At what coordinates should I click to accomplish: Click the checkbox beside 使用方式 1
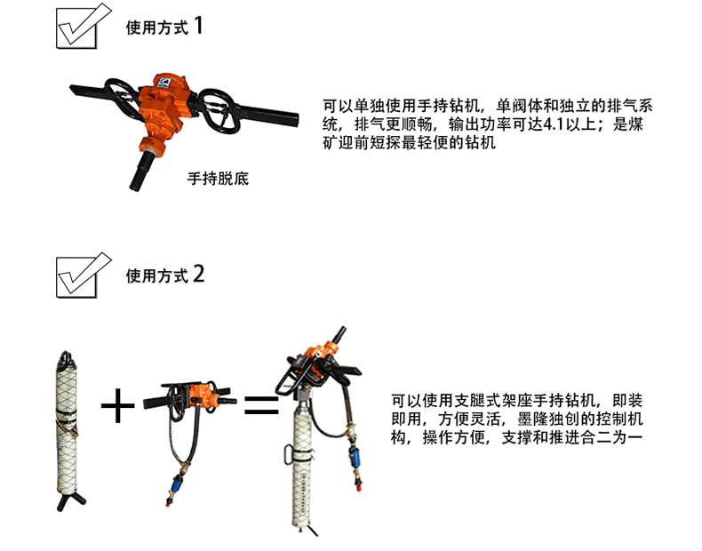point(76,28)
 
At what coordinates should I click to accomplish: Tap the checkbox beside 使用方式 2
point(76,277)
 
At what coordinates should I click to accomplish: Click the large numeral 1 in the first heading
point(198,25)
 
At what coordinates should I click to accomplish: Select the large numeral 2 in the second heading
point(199,274)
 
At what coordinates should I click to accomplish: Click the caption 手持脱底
point(218,179)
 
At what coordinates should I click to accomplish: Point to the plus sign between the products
point(117,406)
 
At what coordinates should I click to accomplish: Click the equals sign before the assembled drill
point(261,404)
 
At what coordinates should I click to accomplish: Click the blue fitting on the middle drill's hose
point(177,484)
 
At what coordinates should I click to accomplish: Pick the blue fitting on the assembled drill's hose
point(355,459)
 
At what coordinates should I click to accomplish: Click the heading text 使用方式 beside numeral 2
point(156,275)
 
